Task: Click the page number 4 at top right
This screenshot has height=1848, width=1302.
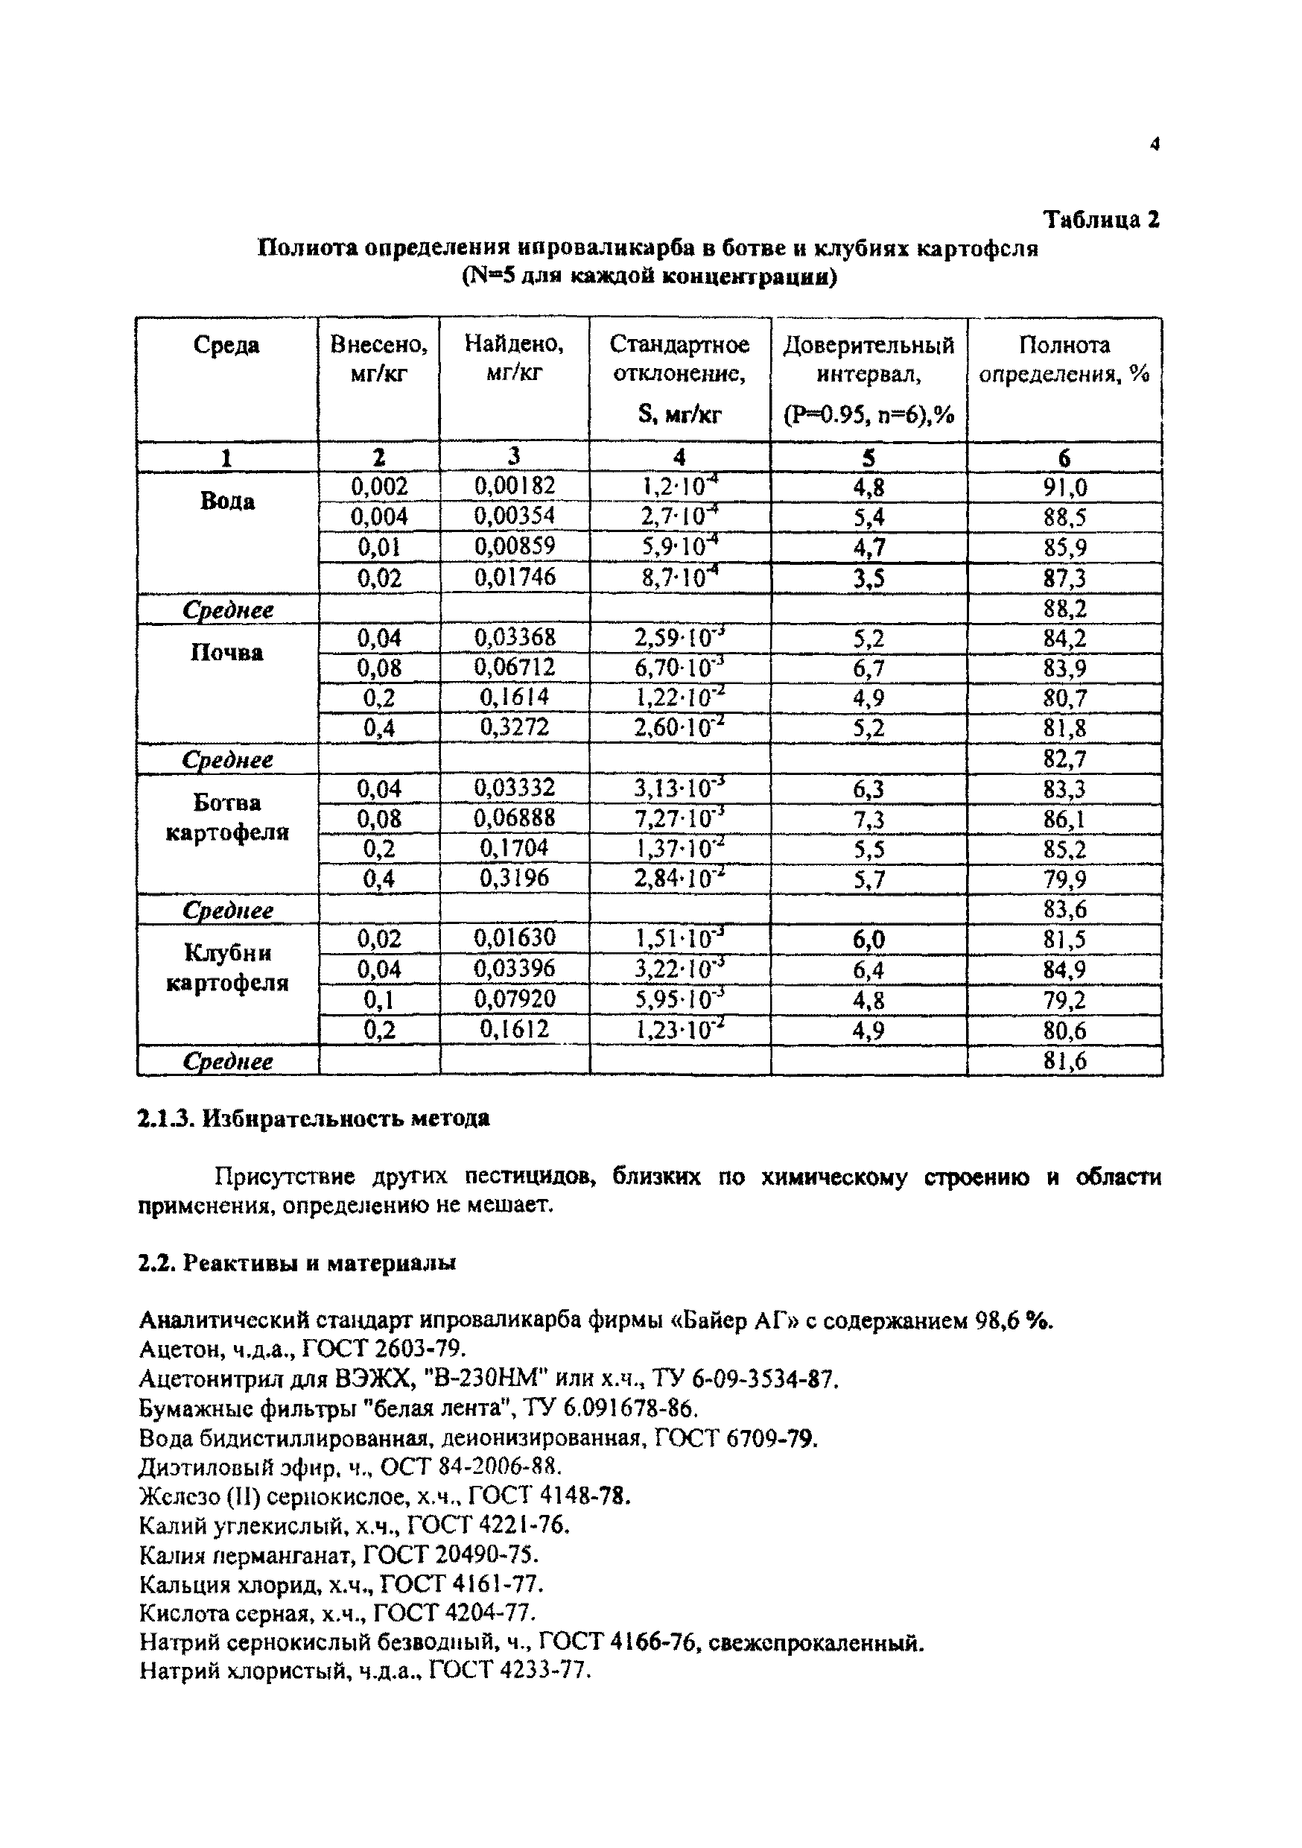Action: pyautogui.click(x=1155, y=145)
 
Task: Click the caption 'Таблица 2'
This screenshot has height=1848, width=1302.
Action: pyautogui.click(x=1101, y=219)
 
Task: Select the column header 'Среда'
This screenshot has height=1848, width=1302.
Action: pyautogui.click(x=226, y=345)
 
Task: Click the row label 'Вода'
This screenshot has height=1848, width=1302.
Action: pyautogui.click(x=227, y=501)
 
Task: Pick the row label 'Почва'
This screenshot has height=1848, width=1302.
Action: pyautogui.click(x=227, y=652)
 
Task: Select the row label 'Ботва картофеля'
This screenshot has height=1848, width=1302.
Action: pyautogui.click(x=227, y=817)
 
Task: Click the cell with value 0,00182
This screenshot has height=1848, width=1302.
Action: pyautogui.click(x=514, y=486)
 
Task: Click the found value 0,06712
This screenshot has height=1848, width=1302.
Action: pyautogui.click(x=514, y=667)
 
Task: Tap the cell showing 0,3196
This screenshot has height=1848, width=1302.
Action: pyautogui.click(x=514, y=877)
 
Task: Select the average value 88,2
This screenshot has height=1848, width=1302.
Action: pyautogui.click(x=1064, y=609)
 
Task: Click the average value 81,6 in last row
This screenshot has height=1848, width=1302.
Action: pyautogui.click(x=1064, y=1061)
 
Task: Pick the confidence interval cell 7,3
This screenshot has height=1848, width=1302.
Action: pyautogui.click(x=869, y=820)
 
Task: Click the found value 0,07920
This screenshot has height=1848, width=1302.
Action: pyautogui.click(x=514, y=999)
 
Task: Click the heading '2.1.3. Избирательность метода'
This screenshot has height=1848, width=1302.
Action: pyautogui.click(x=314, y=1118)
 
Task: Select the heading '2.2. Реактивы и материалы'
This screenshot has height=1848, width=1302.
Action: pyautogui.click(x=297, y=1263)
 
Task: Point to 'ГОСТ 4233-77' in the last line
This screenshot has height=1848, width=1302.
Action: pyautogui.click(x=509, y=1671)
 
